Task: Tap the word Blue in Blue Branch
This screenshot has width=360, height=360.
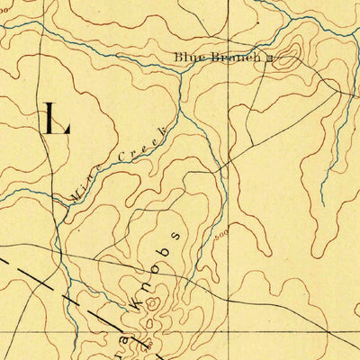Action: (189, 58)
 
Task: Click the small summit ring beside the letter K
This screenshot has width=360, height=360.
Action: (152, 303)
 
